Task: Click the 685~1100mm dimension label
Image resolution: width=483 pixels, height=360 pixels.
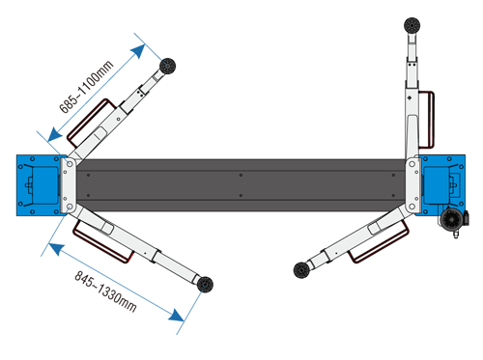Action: click(x=87, y=87)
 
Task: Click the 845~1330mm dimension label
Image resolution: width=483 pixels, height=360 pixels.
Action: click(x=106, y=291)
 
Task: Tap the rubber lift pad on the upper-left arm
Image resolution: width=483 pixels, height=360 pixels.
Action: click(x=167, y=66)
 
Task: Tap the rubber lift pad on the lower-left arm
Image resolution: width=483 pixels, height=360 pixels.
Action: click(x=205, y=285)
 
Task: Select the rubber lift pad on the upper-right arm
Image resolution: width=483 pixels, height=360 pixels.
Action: click(x=412, y=25)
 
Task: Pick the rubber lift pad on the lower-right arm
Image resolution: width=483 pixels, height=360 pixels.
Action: click(x=301, y=270)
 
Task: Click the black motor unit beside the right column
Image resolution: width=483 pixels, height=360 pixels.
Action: click(x=453, y=220)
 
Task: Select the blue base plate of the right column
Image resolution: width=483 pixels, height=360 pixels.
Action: click(x=442, y=184)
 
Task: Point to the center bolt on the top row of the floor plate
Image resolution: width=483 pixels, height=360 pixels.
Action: click(x=241, y=175)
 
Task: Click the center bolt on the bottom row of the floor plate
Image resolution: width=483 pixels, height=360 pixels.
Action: click(x=241, y=195)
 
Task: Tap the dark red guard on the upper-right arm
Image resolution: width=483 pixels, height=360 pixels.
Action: click(x=427, y=120)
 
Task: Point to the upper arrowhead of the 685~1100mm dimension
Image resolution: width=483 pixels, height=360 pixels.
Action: click(x=138, y=50)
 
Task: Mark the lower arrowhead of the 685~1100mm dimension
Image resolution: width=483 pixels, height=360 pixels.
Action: click(x=54, y=134)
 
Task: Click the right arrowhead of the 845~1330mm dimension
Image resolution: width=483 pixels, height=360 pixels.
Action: click(x=176, y=316)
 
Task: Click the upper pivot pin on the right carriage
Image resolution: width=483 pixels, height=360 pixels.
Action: click(x=412, y=164)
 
